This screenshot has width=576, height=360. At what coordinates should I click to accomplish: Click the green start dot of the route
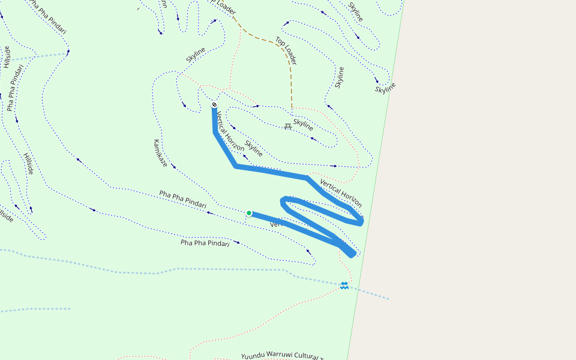click(x=249, y=213)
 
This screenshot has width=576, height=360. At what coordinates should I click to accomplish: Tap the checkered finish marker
click(x=214, y=105)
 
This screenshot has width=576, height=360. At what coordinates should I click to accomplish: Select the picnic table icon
click(x=288, y=127)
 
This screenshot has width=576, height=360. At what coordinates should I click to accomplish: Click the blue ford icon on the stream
click(x=344, y=286)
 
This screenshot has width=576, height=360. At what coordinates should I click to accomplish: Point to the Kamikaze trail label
click(x=160, y=153)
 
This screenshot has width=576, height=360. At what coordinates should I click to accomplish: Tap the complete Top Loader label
click(x=286, y=50)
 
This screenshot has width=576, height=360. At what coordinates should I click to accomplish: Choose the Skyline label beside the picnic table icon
click(x=303, y=125)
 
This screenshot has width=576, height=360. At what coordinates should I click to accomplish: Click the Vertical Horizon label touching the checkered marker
click(x=230, y=131)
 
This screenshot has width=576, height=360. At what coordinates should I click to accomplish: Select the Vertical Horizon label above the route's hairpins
click(x=341, y=193)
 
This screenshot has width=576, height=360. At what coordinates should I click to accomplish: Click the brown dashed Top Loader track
click(x=264, y=41)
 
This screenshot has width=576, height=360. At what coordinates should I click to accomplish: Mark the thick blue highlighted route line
click(x=270, y=170)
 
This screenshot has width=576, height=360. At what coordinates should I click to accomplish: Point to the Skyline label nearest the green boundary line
click(x=385, y=89)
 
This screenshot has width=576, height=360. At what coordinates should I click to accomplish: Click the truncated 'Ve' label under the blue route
click(x=275, y=224)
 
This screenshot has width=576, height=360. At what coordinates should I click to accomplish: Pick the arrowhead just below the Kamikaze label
click(x=173, y=166)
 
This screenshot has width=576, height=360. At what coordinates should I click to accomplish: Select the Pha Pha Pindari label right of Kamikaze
click(x=187, y=199)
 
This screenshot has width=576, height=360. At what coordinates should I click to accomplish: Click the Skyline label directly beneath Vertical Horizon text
click(x=254, y=148)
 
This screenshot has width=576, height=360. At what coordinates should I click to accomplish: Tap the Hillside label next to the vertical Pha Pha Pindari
click(x=7, y=57)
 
